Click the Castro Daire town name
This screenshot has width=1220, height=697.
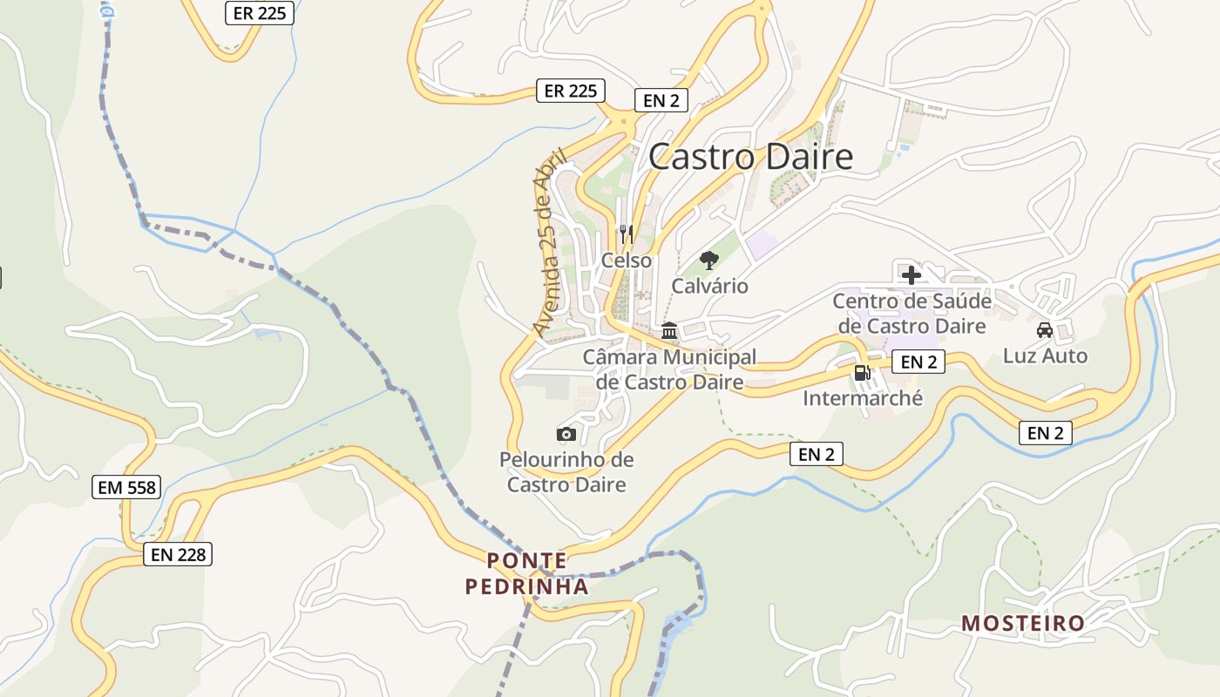pyautogui.click(x=750, y=157)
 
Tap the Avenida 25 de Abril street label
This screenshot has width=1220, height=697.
pyautogui.click(x=550, y=242)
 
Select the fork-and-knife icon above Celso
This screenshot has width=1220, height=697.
pyautogui.click(x=626, y=233)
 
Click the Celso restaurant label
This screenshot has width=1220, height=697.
pyautogui.click(x=626, y=261)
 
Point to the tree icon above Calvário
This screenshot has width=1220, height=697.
pyautogui.click(x=709, y=260)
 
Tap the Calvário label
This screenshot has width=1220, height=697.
pyautogui.click(x=709, y=286)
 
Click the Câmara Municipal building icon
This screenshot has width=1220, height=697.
pyautogui.click(x=669, y=331)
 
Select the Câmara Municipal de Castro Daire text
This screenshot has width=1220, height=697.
pyautogui.click(x=669, y=369)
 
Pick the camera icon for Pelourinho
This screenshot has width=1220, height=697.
pyautogui.click(x=566, y=434)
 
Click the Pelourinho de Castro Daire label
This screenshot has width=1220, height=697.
pyautogui.click(x=566, y=471)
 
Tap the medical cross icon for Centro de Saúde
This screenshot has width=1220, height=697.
pyautogui.click(x=912, y=275)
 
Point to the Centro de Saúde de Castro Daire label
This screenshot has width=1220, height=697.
pyautogui.click(x=912, y=314)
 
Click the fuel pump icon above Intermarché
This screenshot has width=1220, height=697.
pyautogui.click(x=862, y=373)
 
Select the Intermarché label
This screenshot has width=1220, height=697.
pyautogui.click(x=862, y=398)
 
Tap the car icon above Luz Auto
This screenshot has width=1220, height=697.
pyautogui.click(x=1045, y=330)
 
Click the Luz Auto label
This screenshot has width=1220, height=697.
pyautogui.click(x=1045, y=355)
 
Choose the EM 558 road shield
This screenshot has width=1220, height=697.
pyautogui.click(x=127, y=487)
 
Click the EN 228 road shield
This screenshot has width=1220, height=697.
pyautogui.click(x=178, y=553)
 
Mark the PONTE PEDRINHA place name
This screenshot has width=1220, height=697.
pyautogui.click(x=527, y=573)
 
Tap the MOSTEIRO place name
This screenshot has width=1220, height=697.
pyautogui.click(x=1022, y=623)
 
